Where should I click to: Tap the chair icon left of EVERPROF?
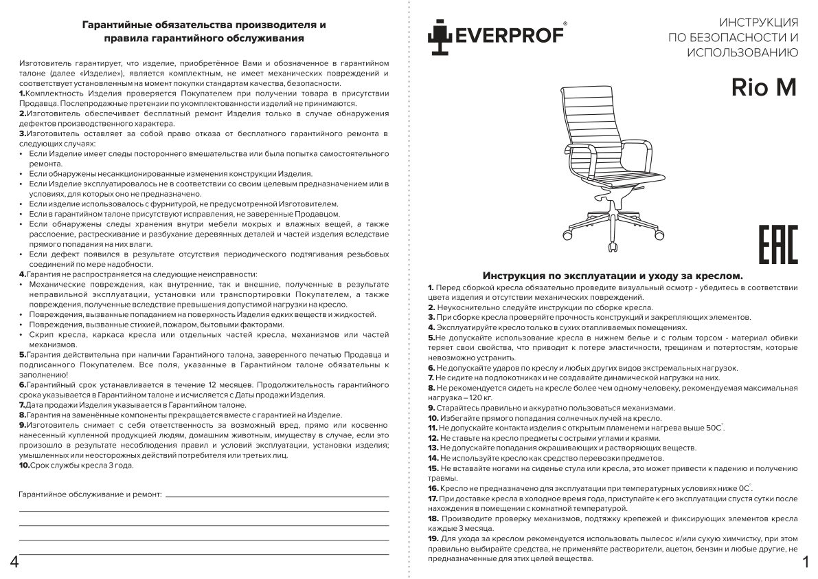coord(440,37)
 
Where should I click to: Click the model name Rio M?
coord(763,87)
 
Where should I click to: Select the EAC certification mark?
coord(777,245)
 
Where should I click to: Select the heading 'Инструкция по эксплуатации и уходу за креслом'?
coord(613,275)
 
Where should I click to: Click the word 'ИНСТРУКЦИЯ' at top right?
coord(758,22)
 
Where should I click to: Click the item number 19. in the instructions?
coord(433,538)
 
